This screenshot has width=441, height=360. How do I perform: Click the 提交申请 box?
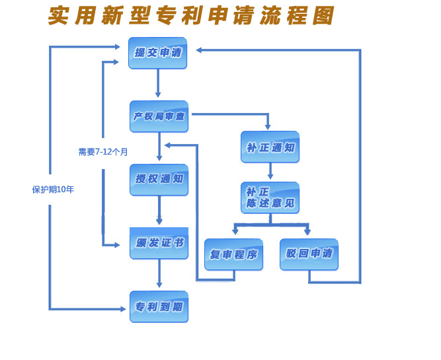click(x=157, y=53)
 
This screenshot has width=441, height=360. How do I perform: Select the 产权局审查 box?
click(x=159, y=116)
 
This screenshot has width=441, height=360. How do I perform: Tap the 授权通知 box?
click(x=159, y=180)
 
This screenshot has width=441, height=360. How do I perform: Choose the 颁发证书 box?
click(x=159, y=243)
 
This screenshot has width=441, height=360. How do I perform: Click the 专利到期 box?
click(x=159, y=306)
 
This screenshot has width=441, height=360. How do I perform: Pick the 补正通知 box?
click(x=270, y=147)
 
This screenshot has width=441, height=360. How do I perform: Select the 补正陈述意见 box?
click(x=270, y=198)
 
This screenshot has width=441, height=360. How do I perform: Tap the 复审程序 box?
click(x=233, y=254)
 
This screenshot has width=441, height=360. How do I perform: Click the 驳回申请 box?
click(x=309, y=254)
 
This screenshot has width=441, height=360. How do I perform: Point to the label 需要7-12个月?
click(x=103, y=152)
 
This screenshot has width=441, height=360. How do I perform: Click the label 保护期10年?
click(x=53, y=190)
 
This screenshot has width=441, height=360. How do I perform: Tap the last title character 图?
click(x=323, y=16)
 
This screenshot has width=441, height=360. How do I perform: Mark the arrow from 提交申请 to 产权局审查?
click(x=158, y=83)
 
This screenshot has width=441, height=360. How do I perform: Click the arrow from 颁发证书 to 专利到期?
click(x=159, y=274)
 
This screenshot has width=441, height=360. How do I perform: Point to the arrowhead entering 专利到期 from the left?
click(x=123, y=308)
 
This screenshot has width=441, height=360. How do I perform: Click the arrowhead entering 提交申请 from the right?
click(x=199, y=50)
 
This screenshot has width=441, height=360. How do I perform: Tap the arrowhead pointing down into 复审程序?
click(x=235, y=232)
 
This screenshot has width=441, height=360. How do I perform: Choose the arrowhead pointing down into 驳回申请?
click(x=307, y=232)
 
